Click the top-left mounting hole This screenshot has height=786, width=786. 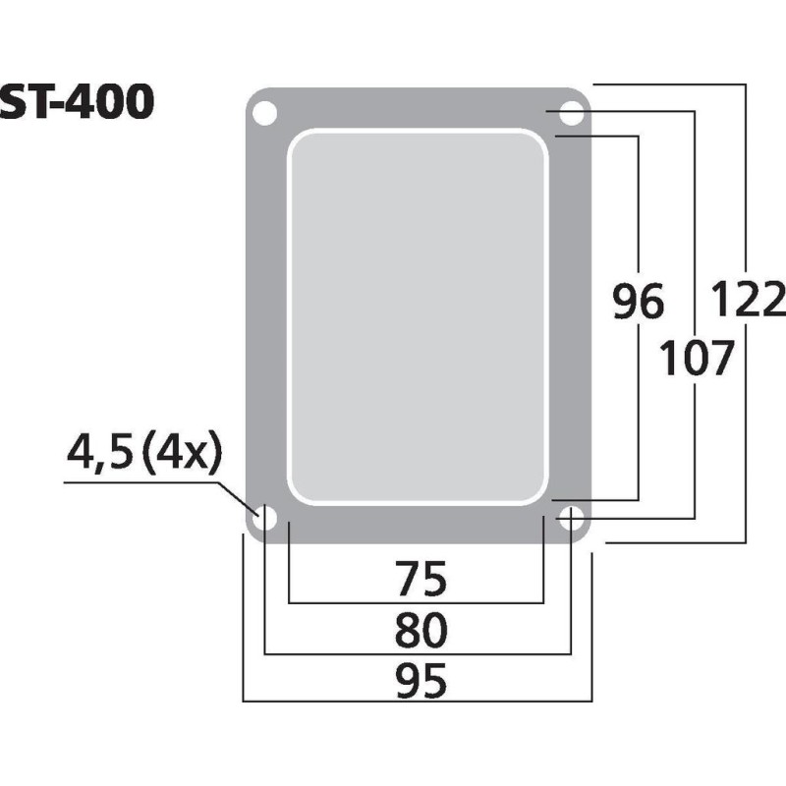[263, 114]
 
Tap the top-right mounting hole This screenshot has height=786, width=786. [571, 114]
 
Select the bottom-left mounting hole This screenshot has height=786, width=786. [263, 520]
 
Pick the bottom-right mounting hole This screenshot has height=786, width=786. [571, 520]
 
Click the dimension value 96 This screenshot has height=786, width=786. [638, 303]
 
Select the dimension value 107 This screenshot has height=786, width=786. [696, 360]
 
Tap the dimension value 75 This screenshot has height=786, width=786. [417, 580]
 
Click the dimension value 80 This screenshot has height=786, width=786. [417, 630]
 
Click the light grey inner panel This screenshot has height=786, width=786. [417, 314]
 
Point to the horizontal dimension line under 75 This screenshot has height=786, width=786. [417, 603]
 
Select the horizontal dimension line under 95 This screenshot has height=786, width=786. [417, 702]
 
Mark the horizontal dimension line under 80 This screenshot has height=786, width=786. [417, 652]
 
